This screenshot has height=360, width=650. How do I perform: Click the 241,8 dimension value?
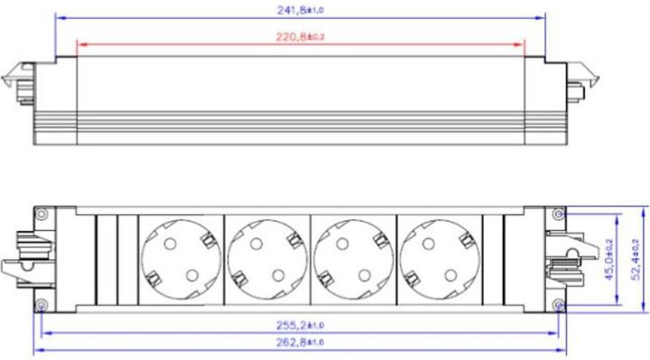pos(299,11)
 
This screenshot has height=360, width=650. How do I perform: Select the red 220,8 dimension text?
pos(299,36)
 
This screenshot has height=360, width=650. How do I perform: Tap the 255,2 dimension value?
pos(299,324)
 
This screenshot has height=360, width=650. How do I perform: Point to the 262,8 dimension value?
pos(299,341)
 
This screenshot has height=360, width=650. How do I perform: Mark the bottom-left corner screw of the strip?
pos(42,304)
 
